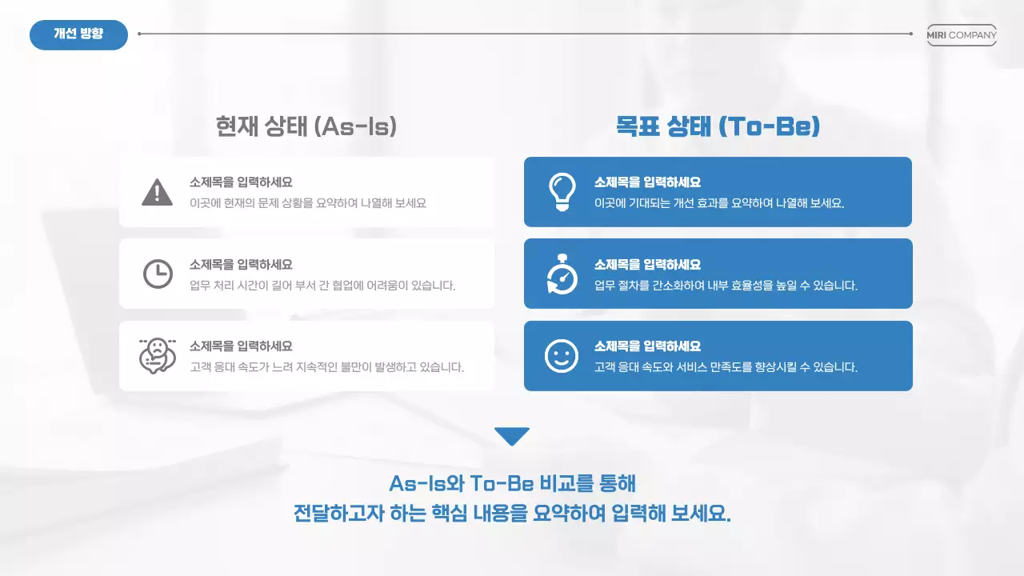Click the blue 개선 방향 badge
pos(78,34)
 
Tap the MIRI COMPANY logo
pos(962,35)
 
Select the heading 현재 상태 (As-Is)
pos(306,126)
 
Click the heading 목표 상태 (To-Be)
pos(718,126)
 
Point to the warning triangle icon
pos(157,192)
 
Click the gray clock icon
pos(158,274)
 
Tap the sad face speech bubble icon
pos(157,355)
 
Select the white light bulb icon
pos(562,192)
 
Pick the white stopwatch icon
pos(562,274)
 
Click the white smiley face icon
pos(562,356)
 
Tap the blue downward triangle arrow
pos(512,436)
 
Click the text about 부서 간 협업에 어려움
pos(322,286)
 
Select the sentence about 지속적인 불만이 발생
pos(326,368)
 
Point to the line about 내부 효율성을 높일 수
pos(726,286)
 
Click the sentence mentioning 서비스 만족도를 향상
pos(726,368)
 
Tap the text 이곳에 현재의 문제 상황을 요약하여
pos(308,203)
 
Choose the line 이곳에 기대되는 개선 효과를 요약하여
pos(719,203)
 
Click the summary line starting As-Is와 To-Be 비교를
pos(512,484)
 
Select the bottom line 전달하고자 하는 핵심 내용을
pos(512,513)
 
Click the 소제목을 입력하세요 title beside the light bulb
pos(647,182)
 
